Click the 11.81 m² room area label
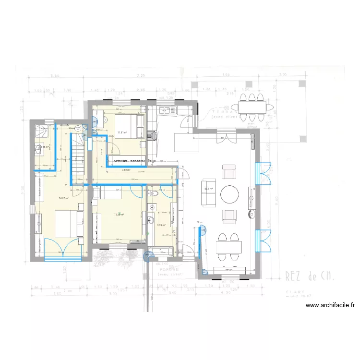pyautogui.click(x=122, y=132)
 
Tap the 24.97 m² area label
pyautogui.click(x=63, y=198)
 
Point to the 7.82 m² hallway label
pyautogui.click(x=126, y=170)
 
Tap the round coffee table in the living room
pyautogui.click(x=230, y=195)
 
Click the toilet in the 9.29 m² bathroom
pyautogui.click(x=154, y=193)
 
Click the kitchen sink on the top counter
pyautogui.click(x=171, y=111)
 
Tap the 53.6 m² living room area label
pyautogui.click(x=209, y=189)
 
